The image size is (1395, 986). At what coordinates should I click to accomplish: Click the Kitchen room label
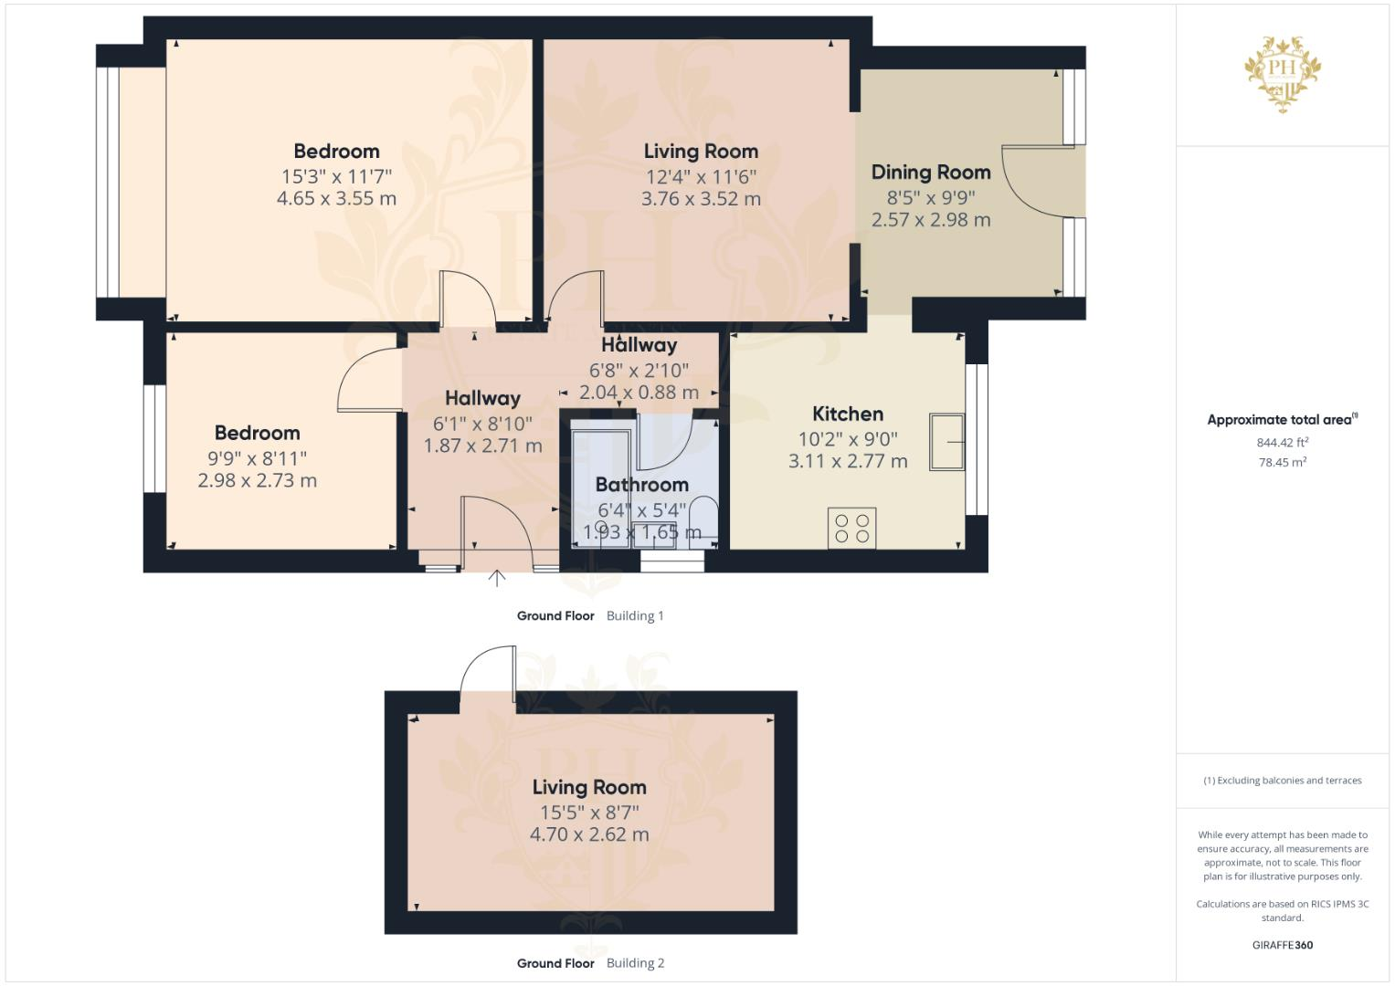[x=847, y=414]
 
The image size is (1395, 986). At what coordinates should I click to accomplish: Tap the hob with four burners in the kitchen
[x=851, y=529]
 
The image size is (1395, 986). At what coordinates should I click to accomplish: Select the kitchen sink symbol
[x=946, y=442]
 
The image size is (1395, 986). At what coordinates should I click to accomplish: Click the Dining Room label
[x=930, y=172]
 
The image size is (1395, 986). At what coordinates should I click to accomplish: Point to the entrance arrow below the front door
[x=497, y=578]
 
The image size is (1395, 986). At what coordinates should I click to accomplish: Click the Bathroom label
[x=641, y=485]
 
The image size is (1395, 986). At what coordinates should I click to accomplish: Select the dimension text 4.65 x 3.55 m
[x=336, y=199]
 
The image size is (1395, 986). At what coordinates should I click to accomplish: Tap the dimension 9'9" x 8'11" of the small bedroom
[x=257, y=457]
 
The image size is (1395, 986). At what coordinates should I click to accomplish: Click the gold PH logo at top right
[x=1283, y=73]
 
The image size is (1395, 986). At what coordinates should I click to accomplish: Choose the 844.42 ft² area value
[x=1282, y=443]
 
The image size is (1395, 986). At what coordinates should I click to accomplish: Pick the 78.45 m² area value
[x=1282, y=462]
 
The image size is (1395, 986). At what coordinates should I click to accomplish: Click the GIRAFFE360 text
[x=1282, y=945]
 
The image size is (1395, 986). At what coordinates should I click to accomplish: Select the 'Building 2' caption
[x=635, y=963]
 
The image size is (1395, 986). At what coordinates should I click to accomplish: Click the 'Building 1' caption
[x=635, y=616]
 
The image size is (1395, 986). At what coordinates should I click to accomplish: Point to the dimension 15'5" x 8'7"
[x=588, y=812]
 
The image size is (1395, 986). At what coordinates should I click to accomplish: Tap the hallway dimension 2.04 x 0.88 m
[x=639, y=393]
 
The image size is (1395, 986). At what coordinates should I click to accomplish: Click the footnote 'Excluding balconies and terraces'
[x=1282, y=781]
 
